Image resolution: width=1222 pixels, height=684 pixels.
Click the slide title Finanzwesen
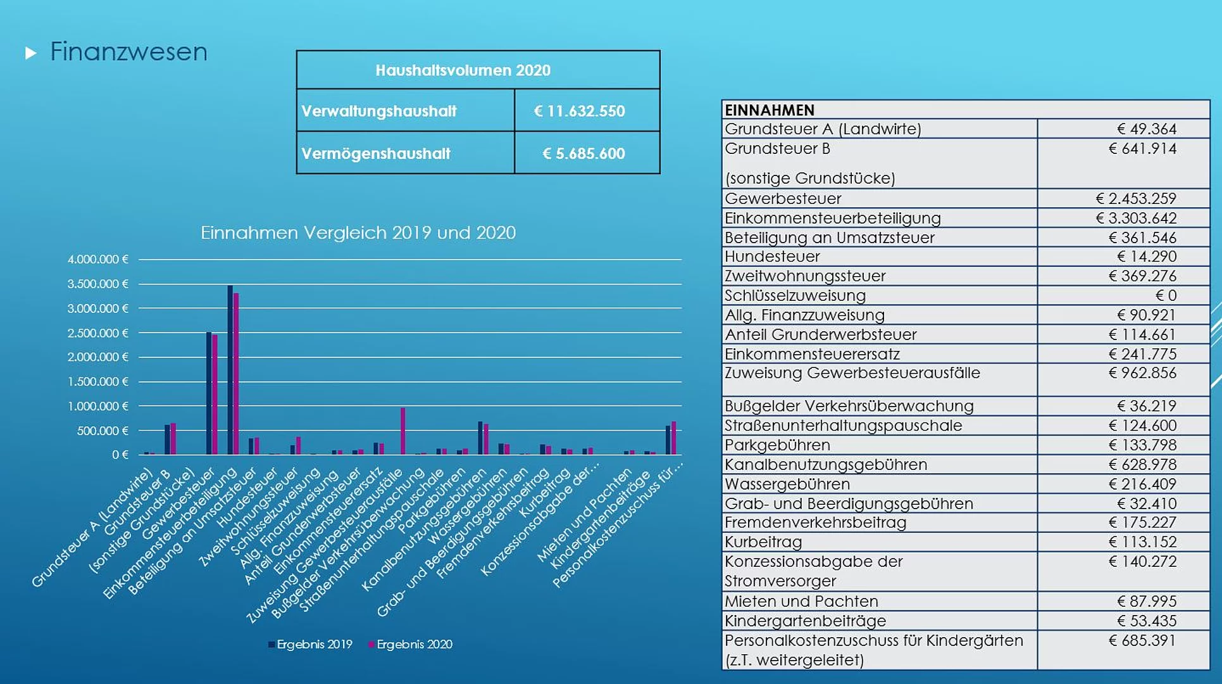(128, 52)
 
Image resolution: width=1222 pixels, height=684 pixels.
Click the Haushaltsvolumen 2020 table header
(463, 70)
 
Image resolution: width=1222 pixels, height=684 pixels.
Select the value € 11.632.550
(579, 111)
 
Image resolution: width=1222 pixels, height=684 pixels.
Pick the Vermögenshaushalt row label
(376, 154)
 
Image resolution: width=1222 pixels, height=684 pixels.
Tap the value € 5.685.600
(583, 154)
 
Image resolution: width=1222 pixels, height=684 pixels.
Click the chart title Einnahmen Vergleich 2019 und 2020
(358, 233)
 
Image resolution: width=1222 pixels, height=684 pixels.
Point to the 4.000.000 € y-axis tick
(98, 260)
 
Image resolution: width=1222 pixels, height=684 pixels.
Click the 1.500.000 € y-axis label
(98, 382)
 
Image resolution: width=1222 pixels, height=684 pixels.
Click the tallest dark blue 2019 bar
(230, 370)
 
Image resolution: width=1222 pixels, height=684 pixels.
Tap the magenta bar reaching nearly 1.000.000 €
(402, 431)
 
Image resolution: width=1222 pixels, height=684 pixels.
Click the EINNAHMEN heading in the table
(770, 110)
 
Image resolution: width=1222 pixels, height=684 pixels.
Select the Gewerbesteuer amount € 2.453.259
(1136, 199)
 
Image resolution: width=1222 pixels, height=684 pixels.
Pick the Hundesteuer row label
(772, 256)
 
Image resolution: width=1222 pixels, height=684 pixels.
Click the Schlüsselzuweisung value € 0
(1166, 296)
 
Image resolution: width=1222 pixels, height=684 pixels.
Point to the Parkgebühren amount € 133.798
(1142, 445)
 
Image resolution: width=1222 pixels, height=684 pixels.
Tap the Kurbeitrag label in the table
(763, 542)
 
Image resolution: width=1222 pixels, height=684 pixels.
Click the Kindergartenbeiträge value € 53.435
(1146, 621)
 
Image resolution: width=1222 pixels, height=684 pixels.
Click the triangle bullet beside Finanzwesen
(30, 53)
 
